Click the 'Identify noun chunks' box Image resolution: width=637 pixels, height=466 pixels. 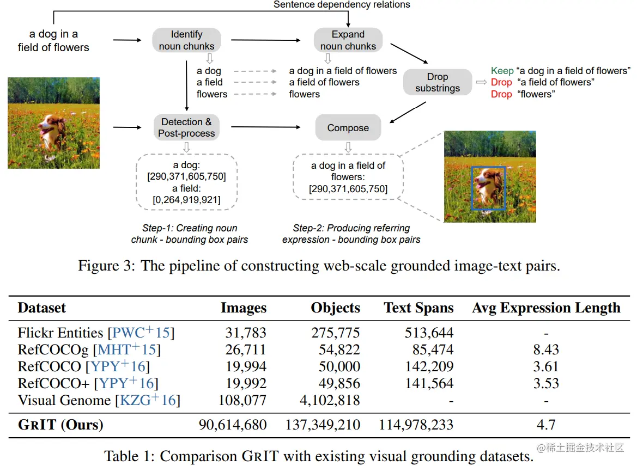[x=186, y=40]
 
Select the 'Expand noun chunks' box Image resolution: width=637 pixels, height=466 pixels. [x=348, y=40]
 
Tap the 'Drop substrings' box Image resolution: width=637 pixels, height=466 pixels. [x=437, y=83]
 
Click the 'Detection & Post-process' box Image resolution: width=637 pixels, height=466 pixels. [x=186, y=127]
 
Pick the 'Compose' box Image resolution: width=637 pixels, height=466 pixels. [x=348, y=128]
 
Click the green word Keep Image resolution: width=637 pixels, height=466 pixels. [x=502, y=71]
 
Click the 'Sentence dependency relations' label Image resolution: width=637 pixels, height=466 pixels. [x=342, y=5]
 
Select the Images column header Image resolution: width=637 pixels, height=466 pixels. [x=243, y=308]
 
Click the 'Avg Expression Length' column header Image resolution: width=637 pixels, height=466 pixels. [x=546, y=308]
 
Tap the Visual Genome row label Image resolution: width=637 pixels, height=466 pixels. [x=64, y=401]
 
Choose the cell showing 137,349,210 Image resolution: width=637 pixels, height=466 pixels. [x=323, y=425]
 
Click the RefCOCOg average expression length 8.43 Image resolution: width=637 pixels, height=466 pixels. [x=546, y=349]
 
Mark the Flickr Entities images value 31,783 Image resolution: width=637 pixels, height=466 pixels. [x=245, y=333]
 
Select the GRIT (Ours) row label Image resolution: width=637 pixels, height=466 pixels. [x=60, y=425]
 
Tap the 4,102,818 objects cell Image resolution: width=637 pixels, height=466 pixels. [x=330, y=401]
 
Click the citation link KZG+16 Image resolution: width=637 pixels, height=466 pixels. [x=147, y=401]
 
